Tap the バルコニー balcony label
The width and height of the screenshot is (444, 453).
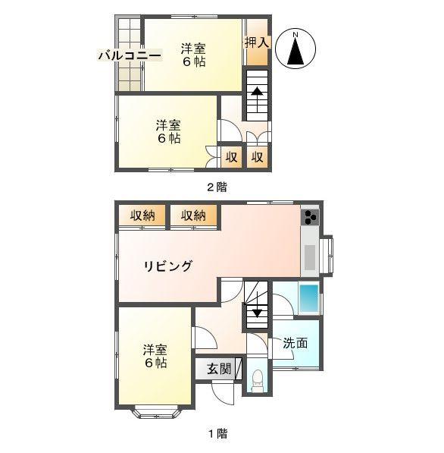[129, 55]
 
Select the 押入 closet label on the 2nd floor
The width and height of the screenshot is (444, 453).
[257, 42]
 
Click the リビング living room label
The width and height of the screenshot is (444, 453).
[168, 266]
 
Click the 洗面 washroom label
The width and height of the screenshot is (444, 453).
[295, 343]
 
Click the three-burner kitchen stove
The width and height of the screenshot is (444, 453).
[311, 218]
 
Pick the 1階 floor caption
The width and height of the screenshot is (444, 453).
[217, 434]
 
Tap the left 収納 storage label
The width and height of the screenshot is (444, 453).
[142, 215]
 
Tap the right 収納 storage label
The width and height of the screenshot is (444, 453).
[193, 215]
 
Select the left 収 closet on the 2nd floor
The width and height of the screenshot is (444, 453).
[231, 157]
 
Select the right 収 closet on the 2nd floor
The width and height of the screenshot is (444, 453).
[257, 157]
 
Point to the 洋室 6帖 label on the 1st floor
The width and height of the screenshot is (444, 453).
[155, 356]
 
